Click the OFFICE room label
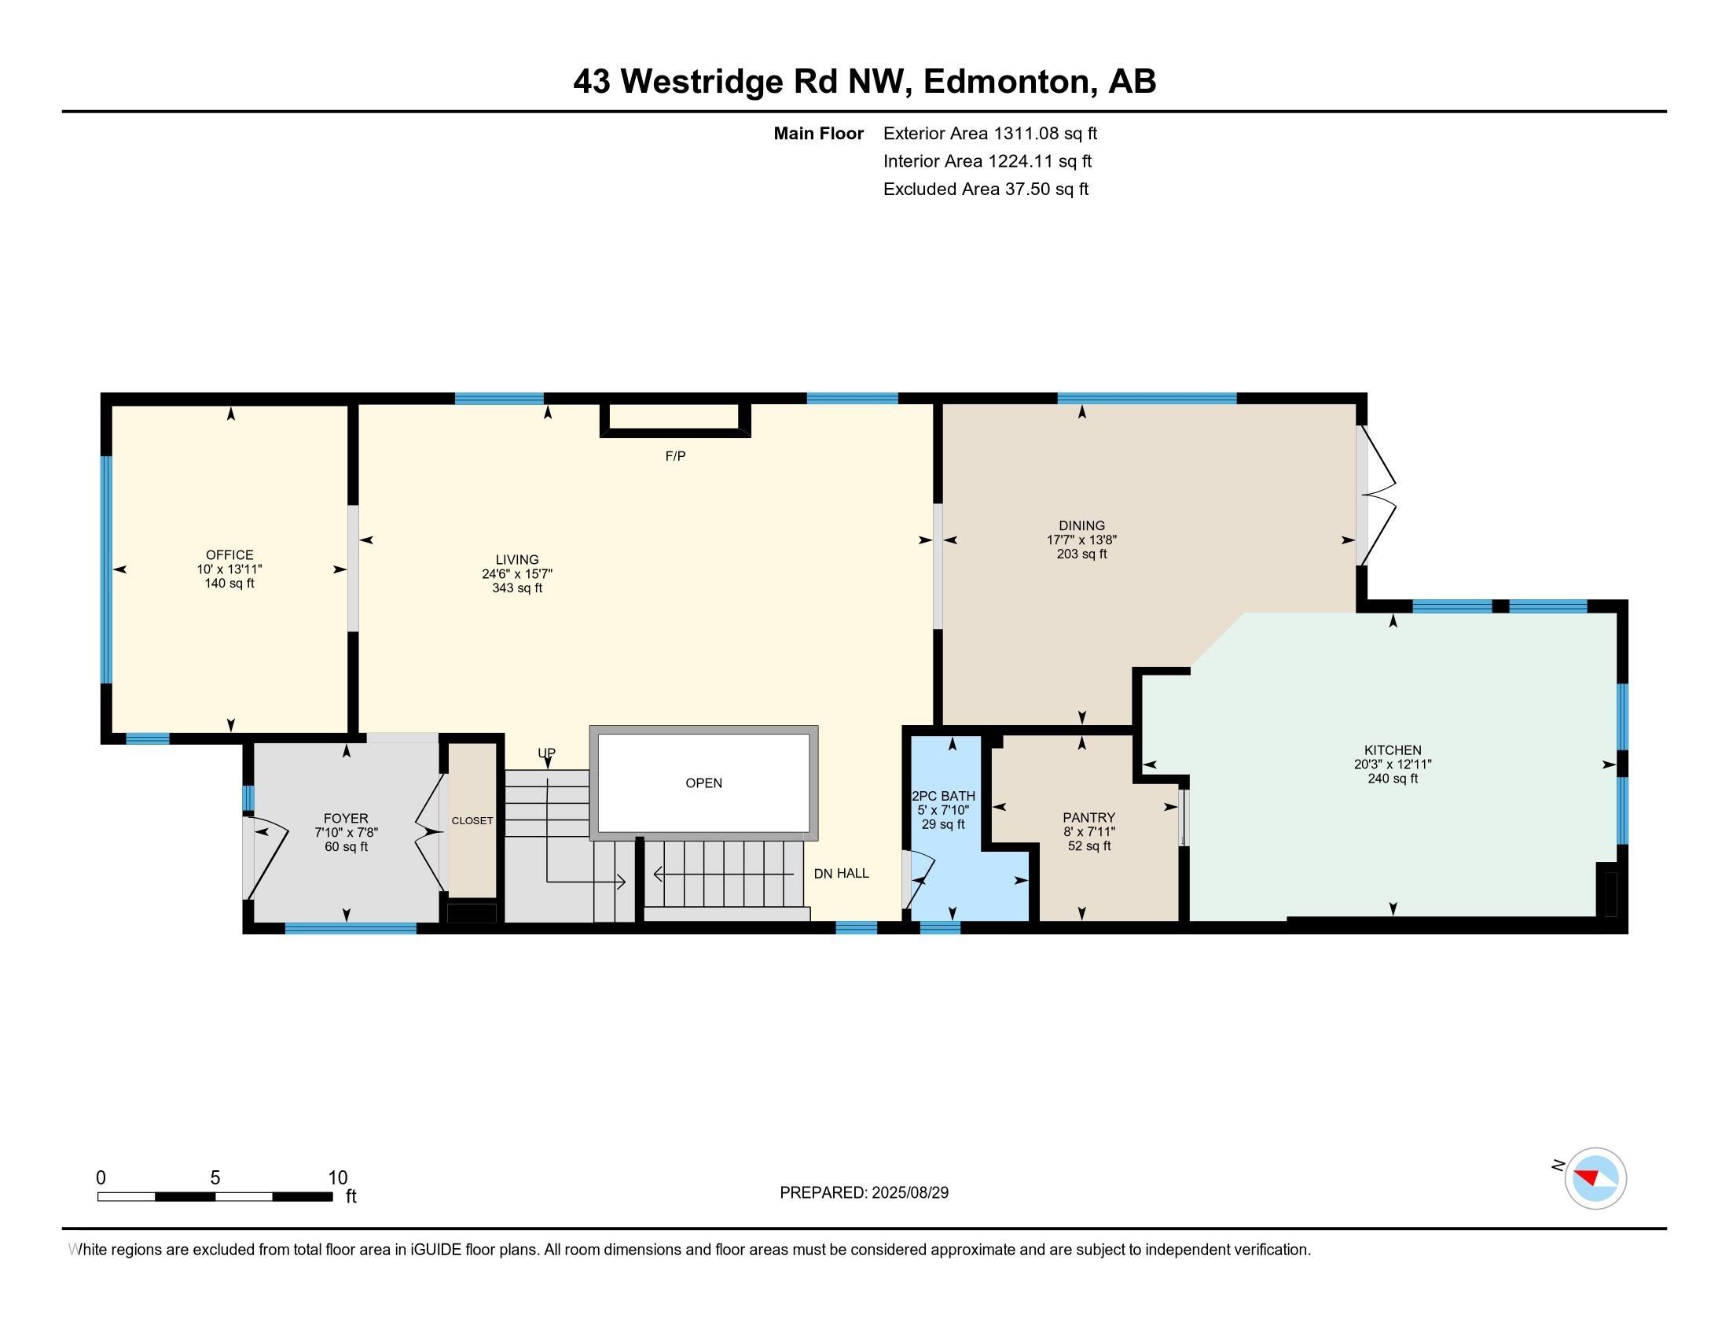pos(229,555)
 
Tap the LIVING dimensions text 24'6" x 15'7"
pos(517,574)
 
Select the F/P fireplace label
pos(675,456)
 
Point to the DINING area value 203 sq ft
pos(1081,554)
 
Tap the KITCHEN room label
pos(1393,750)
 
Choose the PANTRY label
pos(1088,817)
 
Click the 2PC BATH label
pos(944,796)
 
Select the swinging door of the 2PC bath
pos(918,879)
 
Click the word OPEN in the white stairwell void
pos(704,783)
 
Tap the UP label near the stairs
pos(546,753)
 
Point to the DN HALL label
pos(842,874)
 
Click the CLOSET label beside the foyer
pos(472,820)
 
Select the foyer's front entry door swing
pos(267,860)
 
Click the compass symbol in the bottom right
pos(1595,1178)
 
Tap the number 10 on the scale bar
pos(338,1178)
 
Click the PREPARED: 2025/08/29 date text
pos(864,1193)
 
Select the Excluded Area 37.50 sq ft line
pos(986,190)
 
